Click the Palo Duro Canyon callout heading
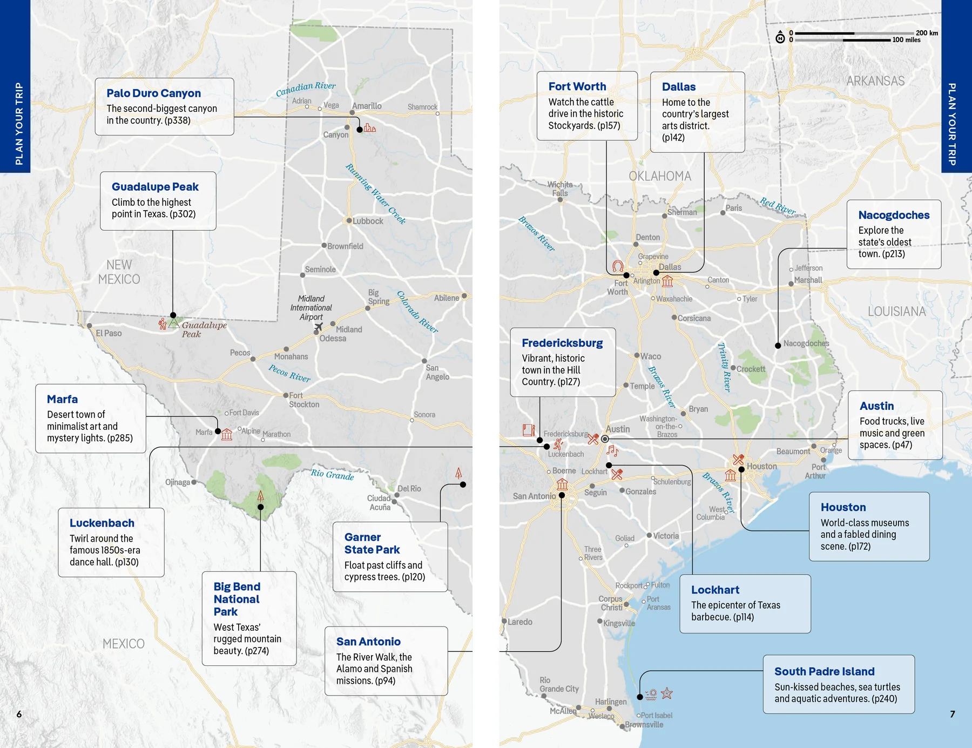point(153,93)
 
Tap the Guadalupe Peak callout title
point(155,187)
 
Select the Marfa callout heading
point(62,399)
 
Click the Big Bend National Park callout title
point(237,599)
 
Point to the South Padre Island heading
point(824,671)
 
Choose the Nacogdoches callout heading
point(894,215)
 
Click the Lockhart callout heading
point(715,590)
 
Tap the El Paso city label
point(109,333)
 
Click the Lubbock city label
point(368,221)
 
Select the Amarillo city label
point(367,106)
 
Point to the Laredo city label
point(519,622)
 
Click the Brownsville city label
point(644,725)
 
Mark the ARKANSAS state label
point(875,81)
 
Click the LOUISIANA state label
point(896,312)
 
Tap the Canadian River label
point(306,89)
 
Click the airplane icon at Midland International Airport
point(318,327)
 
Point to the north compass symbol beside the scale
point(780,38)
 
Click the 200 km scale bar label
point(927,33)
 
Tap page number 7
point(953,714)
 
